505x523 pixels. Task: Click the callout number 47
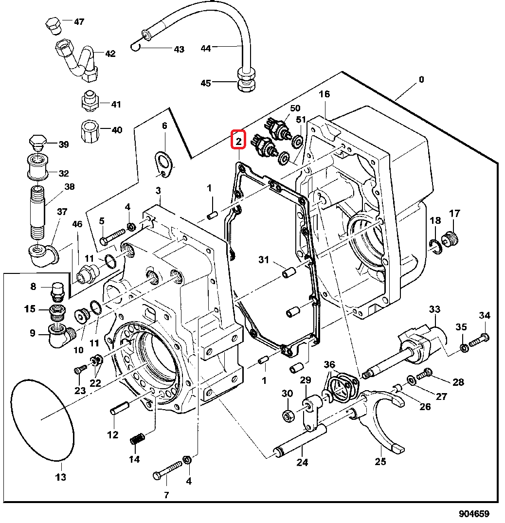click(x=79, y=22)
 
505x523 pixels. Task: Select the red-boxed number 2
click(x=238, y=142)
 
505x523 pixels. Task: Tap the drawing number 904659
click(x=474, y=514)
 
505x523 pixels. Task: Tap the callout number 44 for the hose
click(x=206, y=48)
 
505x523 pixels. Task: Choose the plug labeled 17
click(x=450, y=238)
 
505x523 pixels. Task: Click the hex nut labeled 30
click(x=288, y=415)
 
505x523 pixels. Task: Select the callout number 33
click(x=434, y=309)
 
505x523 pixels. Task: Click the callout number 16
click(x=324, y=94)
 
